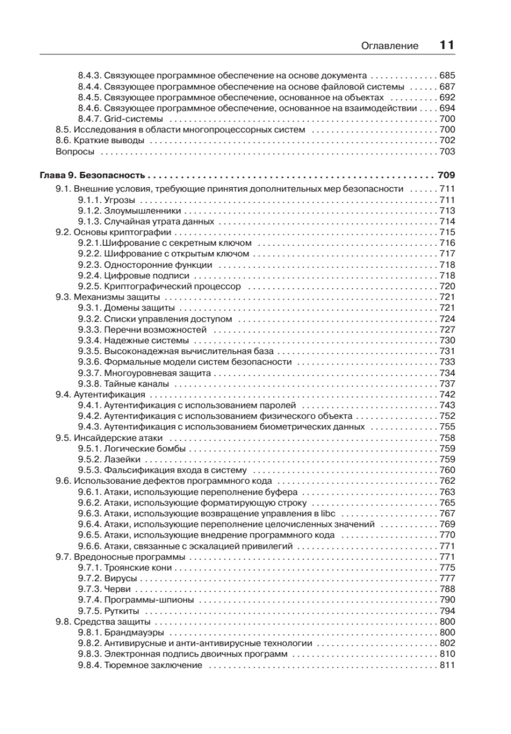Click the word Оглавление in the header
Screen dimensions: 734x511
(389, 45)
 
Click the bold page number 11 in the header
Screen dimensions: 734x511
(447, 45)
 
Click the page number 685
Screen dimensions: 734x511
(447, 75)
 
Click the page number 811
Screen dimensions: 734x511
(447, 665)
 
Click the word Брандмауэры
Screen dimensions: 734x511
(134, 632)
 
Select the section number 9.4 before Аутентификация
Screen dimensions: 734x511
(63, 394)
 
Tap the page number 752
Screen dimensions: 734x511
(447, 416)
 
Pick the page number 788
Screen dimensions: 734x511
(447, 589)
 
